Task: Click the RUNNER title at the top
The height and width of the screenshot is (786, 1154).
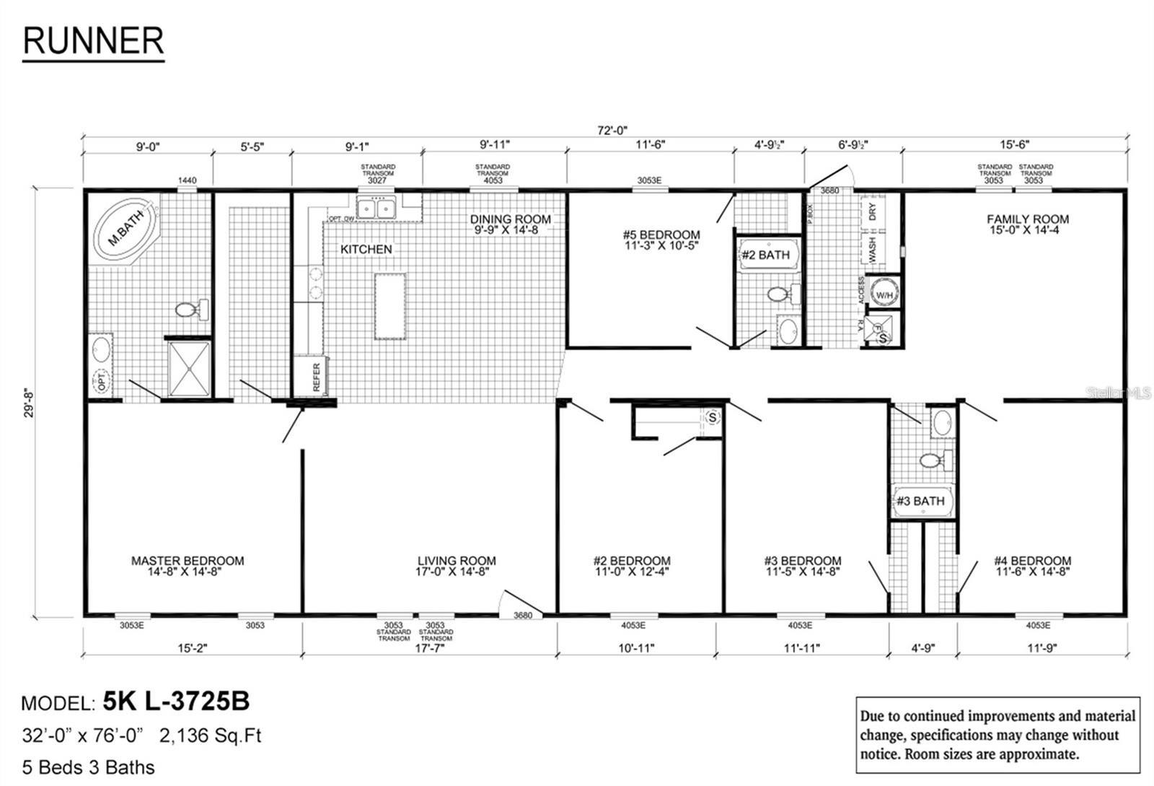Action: click(93, 41)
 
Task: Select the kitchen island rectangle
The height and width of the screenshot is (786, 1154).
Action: click(389, 306)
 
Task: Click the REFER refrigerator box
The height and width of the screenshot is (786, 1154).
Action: click(311, 376)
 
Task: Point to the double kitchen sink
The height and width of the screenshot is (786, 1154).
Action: click(376, 209)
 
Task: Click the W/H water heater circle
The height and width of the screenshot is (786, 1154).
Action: click(884, 294)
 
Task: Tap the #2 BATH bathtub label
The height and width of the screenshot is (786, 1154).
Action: click(765, 255)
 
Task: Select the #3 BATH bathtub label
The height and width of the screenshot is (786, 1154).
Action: click(920, 501)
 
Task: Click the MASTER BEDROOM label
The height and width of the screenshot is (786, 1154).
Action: click(188, 566)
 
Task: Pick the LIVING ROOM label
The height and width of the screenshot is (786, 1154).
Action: click(457, 566)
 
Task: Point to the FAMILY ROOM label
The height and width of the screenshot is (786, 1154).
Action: click(1028, 224)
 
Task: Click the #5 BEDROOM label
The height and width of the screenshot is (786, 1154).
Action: click(661, 240)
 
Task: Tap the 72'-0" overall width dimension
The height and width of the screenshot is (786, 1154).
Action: click(612, 131)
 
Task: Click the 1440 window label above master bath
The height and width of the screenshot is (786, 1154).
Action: click(187, 180)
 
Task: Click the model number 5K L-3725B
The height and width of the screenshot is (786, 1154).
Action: click(176, 700)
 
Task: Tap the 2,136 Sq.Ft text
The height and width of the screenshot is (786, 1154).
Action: click(210, 735)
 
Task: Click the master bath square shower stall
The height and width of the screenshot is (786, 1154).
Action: click(189, 368)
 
